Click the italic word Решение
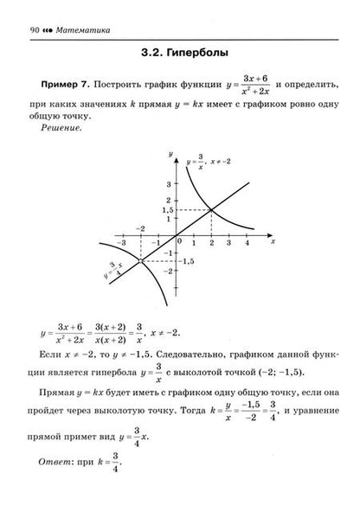(60, 126)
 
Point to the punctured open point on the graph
(140, 260)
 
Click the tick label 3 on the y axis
(170, 183)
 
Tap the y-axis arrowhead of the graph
(177, 152)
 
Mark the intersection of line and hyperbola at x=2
(212, 209)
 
